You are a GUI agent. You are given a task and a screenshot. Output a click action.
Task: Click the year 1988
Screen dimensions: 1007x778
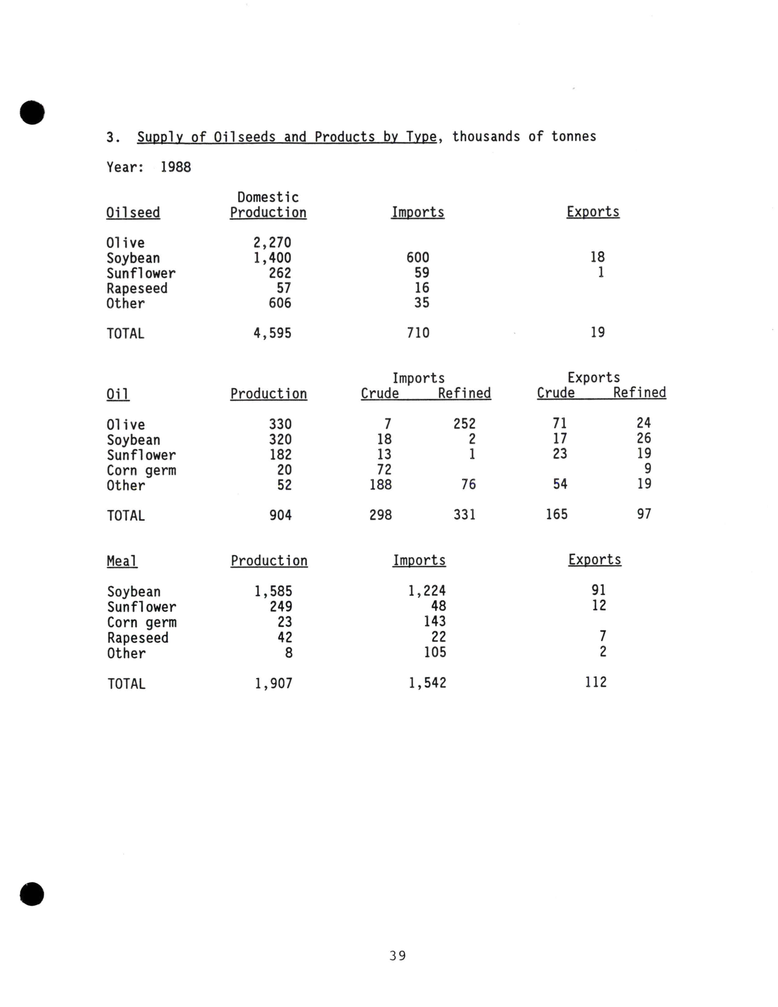175,167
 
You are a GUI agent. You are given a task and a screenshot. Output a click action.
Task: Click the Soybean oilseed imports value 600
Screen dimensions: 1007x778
417,257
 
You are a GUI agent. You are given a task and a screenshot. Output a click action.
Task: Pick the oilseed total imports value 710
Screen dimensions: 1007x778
418,332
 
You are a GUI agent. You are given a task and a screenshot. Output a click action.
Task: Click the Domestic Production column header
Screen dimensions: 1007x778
268,205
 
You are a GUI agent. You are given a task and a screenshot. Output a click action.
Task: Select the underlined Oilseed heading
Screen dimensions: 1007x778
133,212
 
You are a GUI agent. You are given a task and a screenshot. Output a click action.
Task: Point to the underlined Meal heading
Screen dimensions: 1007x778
122,561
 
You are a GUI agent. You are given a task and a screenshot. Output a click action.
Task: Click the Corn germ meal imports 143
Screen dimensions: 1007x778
434,621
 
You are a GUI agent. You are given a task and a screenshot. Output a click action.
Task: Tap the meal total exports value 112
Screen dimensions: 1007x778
595,682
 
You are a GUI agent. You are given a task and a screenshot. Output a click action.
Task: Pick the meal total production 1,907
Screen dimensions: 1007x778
274,683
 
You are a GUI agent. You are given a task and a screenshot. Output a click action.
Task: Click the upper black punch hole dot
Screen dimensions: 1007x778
32,113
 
